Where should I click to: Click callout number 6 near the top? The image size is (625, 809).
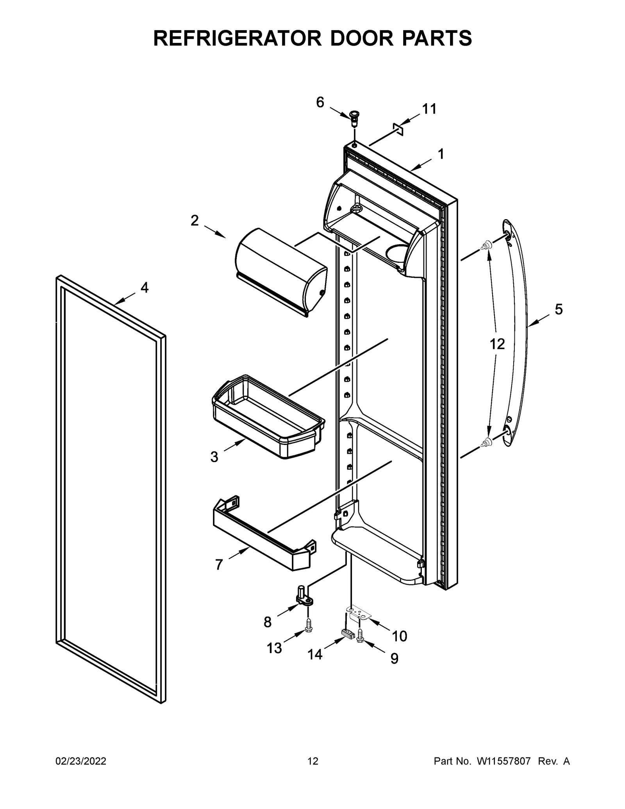pyautogui.click(x=320, y=102)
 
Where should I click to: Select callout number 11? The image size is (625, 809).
pyautogui.click(x=429, y=109)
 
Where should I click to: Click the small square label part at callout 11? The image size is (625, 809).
pyautogui.click(x=398, y=129)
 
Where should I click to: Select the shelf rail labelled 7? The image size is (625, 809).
pyautogui.click(x=264, y=536)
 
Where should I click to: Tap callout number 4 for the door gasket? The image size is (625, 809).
pyautogui.click(x=144, y=288)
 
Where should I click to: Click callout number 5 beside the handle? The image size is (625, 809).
pyautogui.click(x=559, y=309)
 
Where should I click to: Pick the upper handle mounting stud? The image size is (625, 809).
pyautogui.click(x=487, y=245)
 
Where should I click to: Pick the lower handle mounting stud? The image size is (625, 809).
pyautogui.click(x=487, y=442)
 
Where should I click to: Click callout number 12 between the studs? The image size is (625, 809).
pyautogui.click(x=497, y=344)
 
